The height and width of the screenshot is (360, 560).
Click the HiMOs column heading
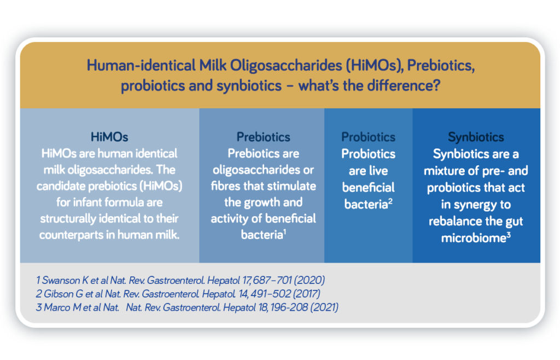coord(109,137)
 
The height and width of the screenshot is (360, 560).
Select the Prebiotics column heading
coord(263,137)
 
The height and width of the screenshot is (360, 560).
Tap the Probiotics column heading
coord(368,137)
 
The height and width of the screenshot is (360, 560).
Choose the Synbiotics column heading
coord(476,137)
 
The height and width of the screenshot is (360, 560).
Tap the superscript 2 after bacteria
coord(390,201)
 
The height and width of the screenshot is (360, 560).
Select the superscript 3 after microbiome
coord(509,235)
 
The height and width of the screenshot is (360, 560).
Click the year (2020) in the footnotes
coord(310,280)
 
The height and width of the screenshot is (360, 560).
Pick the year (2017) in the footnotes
coord(306,294)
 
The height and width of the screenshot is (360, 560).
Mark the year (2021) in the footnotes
coord(324,307)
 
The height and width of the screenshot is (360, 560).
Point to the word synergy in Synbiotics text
coord(473,205)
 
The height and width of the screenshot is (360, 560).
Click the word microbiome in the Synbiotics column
coord(473,238)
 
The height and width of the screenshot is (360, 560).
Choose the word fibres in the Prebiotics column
coord(226,185)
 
